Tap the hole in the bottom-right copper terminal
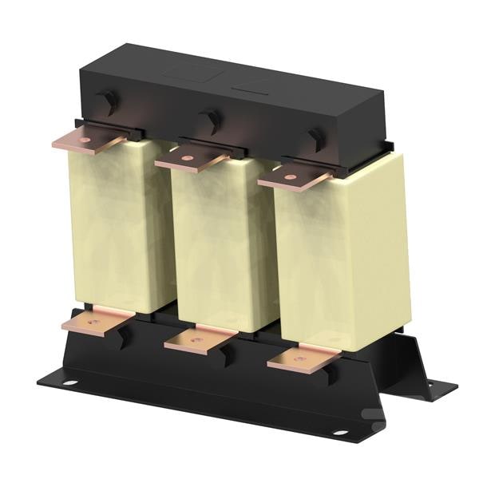300,359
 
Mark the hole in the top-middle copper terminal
187,159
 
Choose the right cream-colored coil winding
339,255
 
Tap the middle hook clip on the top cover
212,119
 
